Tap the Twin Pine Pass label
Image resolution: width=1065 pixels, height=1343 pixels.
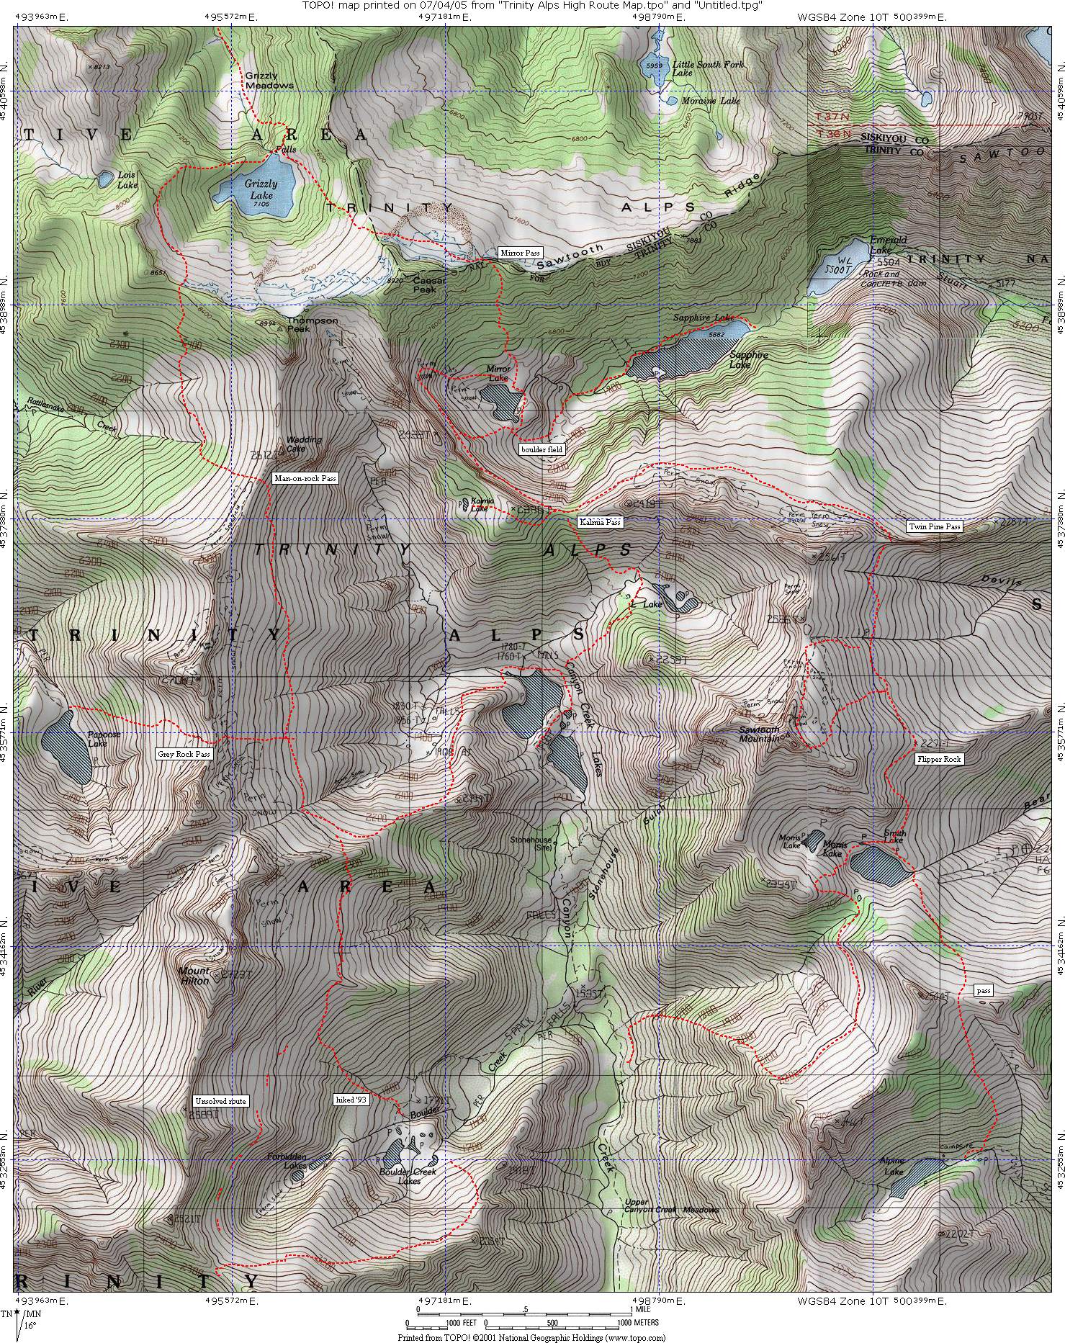934,526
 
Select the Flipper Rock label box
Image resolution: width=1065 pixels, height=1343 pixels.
938,759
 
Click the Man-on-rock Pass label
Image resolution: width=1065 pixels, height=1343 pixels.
305,478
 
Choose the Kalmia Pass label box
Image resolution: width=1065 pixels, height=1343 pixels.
599,522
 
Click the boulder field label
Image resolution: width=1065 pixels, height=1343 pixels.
542,449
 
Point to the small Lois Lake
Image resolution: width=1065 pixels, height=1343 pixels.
105,177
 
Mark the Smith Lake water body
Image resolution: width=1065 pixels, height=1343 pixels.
877,866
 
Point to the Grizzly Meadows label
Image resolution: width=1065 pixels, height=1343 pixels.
269,80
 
